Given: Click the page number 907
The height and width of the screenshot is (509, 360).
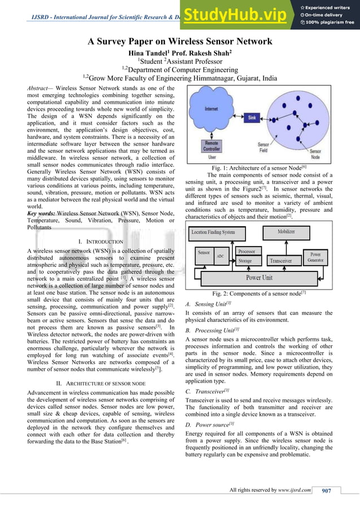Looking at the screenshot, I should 326,490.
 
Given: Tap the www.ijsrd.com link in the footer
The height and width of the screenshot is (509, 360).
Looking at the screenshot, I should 295,490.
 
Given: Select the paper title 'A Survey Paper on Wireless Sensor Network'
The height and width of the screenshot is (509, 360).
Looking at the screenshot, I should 180,41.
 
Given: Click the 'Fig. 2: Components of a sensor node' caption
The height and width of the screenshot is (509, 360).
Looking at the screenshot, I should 259,293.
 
